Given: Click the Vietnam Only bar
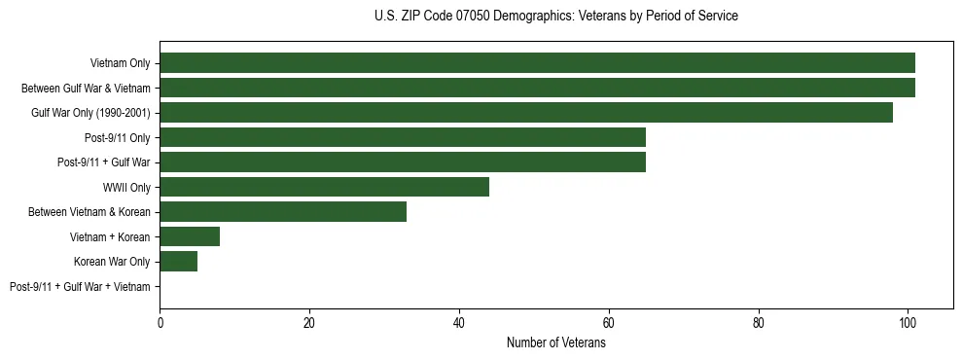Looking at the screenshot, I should [x=537, y=63].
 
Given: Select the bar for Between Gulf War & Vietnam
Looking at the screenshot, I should [x=537, y=88].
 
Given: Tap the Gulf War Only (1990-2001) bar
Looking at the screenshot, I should [x=526, y=113].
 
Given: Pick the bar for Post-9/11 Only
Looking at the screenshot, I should [x=403, y=137].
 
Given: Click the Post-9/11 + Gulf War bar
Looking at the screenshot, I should [x=403, y=162].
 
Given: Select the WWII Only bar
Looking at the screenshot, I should [x=324, y=187].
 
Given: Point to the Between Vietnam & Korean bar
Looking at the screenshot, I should [x=283, y=212].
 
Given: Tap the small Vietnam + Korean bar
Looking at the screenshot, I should [x=190, y=236].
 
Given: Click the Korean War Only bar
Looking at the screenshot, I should [x=179, y=262].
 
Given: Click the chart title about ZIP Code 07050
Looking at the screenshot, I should [x=555, y=16].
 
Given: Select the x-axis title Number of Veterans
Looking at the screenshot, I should [x=555, y=342].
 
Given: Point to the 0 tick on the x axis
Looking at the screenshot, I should [x=160, y=323].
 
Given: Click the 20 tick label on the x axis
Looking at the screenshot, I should [x=309, y=323].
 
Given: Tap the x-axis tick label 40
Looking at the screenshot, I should [x=459, y=323].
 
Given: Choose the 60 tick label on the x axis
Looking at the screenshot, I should [x=609, y=323].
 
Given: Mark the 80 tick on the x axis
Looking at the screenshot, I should [x=759, y=323].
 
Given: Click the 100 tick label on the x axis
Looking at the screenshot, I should [x=908, y=323].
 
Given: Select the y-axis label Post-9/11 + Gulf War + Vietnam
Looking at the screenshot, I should [x=80, y=287].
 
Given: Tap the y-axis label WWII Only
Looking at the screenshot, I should [x=126, y=188].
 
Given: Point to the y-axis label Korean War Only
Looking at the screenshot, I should [x=112, y=262].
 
